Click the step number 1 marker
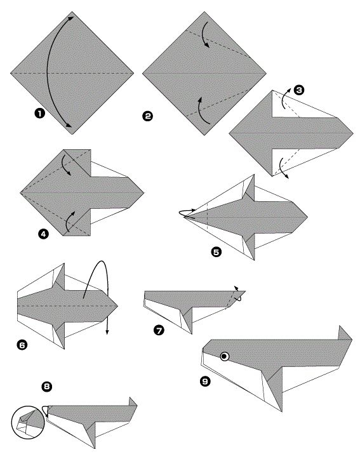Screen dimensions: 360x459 click(x=40, y=113)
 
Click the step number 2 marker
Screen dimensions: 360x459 click(x=147, y=116)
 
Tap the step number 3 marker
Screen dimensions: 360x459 click(x=299, y=90)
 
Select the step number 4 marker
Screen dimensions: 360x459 click(x=43, y=234)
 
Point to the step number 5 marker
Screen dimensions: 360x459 click(x=217, y=252)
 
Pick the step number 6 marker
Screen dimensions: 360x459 click(x=22, y=345)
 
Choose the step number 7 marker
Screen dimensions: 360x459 click(x=159, y=331)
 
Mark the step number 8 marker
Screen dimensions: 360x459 click(x=46, y=387)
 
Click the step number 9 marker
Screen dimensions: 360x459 click(x=205, y=382)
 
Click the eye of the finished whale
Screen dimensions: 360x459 click(x=225, y=356)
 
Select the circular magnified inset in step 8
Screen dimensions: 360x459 click(x=28, y=422)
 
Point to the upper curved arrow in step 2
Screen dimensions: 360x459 click(x=205, y=34)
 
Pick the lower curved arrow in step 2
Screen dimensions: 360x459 click(x=202, y=111)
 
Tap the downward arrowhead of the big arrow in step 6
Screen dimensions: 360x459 click(x=107, y=331)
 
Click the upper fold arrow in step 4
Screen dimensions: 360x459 click(x=66, y=166)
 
